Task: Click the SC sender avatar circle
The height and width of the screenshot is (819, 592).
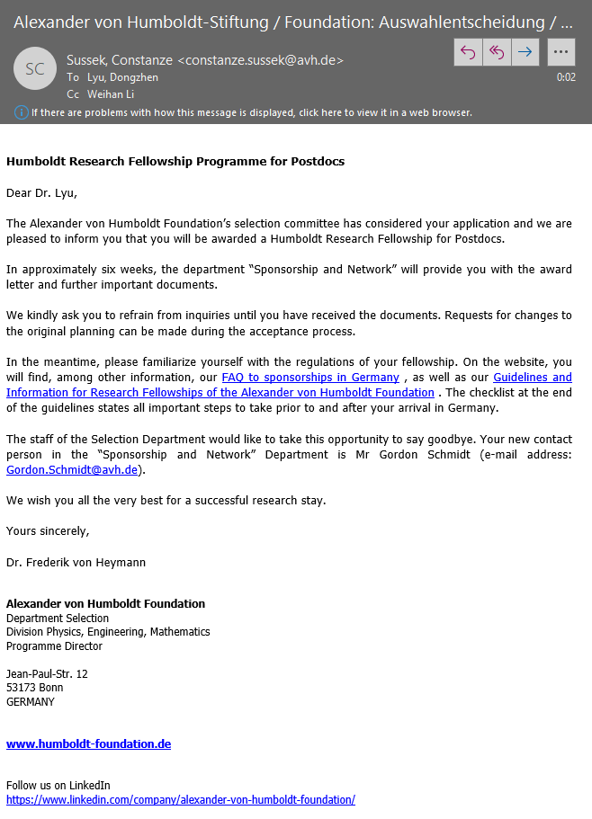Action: (x=35, y=69)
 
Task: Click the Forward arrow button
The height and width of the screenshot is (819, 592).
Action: (x=525, y=52)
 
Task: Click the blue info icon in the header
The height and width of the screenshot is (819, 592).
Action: (x=22, y=112)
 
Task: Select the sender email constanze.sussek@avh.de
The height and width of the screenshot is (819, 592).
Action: (x=260, y=60)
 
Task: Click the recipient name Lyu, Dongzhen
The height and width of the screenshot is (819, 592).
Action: (x=122, y=77)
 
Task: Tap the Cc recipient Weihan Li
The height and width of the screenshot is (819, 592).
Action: (x=112, y=93)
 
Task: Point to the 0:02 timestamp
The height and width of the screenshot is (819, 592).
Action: (x=566, y=77)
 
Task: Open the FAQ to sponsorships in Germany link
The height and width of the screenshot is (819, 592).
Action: (x=310, y=378)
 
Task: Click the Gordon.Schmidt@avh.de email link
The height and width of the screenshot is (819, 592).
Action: (x=72, y=469)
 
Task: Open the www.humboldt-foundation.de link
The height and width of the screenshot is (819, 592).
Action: (x=88, y=744)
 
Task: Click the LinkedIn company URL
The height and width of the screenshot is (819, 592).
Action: (x=180, y=799)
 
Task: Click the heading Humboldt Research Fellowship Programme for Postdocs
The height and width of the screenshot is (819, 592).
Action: (x=175, y=162)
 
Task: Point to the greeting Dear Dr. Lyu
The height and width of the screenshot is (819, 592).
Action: (x=48, y=192)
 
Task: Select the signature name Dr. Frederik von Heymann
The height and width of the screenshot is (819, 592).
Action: (x=76, y=563)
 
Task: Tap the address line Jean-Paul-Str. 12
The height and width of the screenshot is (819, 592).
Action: (x=47, y=674)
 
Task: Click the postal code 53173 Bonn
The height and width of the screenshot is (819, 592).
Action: (x=34, y=688)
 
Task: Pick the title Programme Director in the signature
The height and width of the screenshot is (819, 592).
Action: (x=54, y=645)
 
